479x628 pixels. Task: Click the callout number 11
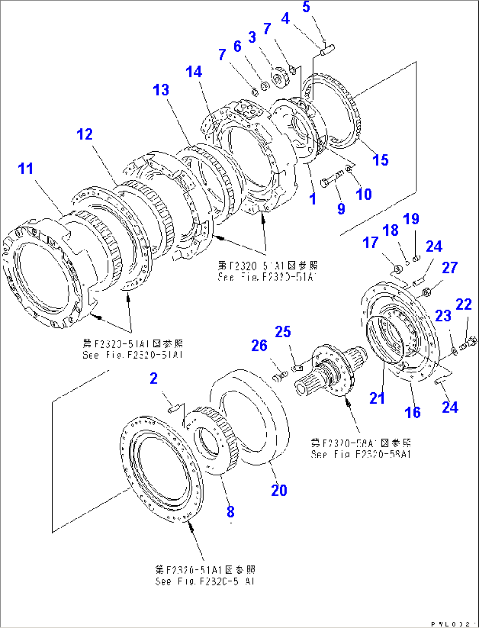(x=25, y=168)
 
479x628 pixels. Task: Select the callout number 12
(x=85, y=134)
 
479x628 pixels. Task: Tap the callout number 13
(x=161, y=90)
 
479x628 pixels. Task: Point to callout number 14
(x=194, y=72)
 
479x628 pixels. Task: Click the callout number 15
(x=381, y=160)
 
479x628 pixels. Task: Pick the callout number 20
(x=279, y=490)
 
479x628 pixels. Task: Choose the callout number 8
(x=231, y=511)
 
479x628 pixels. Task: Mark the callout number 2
(x=153, y=378)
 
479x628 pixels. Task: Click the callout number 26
(x=259, y=346)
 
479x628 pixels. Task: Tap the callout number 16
(x=413, y=412)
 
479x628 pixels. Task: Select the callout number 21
(x=377, y=398)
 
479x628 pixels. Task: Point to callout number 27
(x=450, y=267)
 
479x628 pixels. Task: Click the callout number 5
(x=306, y=7)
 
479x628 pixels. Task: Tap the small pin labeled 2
(x=174, y=409)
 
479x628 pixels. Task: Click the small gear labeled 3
(x=279, y=78)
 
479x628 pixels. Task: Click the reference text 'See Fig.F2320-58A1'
(x=360, y=454)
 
